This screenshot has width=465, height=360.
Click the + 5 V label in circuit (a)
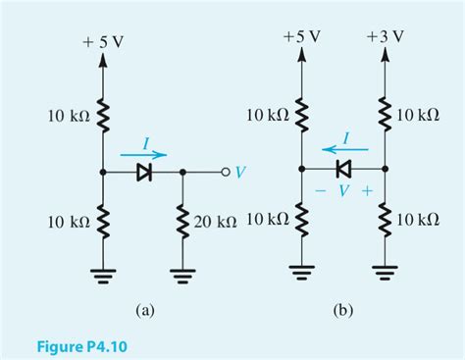pos(104,43)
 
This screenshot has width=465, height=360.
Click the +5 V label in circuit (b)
pos(300,36)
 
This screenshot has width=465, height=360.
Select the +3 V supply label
pos(385,36)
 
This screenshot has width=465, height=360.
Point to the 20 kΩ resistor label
pos(215,222)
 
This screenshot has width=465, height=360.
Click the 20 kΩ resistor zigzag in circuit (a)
pos(183,222)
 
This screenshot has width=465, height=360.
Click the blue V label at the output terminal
pos(240,173)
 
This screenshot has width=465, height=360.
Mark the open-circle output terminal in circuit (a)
pos(225,173)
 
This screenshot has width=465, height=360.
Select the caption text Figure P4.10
pos(83,345)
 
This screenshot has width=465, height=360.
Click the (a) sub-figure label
pos(144,311)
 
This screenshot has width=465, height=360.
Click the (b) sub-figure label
pos(342,311)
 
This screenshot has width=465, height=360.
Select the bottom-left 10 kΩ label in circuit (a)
pos(69,222)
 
